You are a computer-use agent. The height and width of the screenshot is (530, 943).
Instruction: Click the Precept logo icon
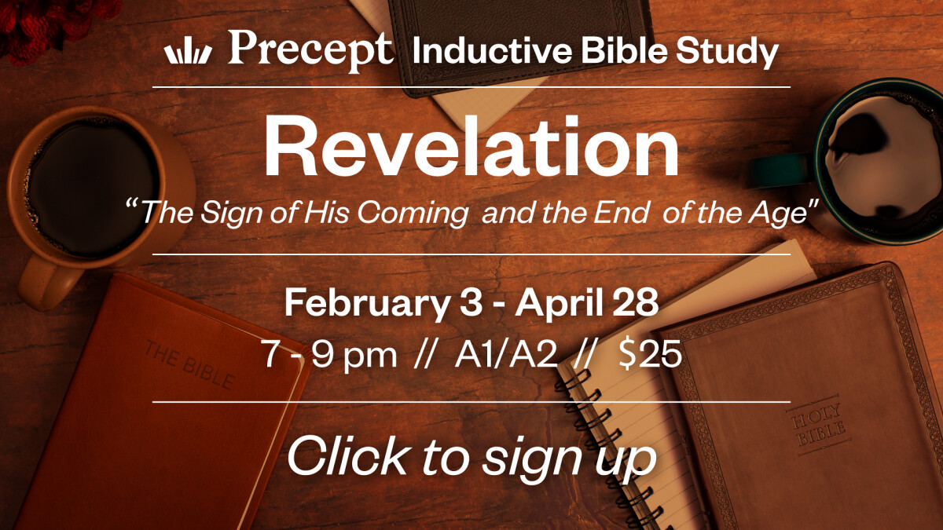[x=188, y=53]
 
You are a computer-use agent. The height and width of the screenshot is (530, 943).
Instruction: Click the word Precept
[x=310, y=49]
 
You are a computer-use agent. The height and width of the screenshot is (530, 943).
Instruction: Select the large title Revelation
[x=472, y=148]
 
